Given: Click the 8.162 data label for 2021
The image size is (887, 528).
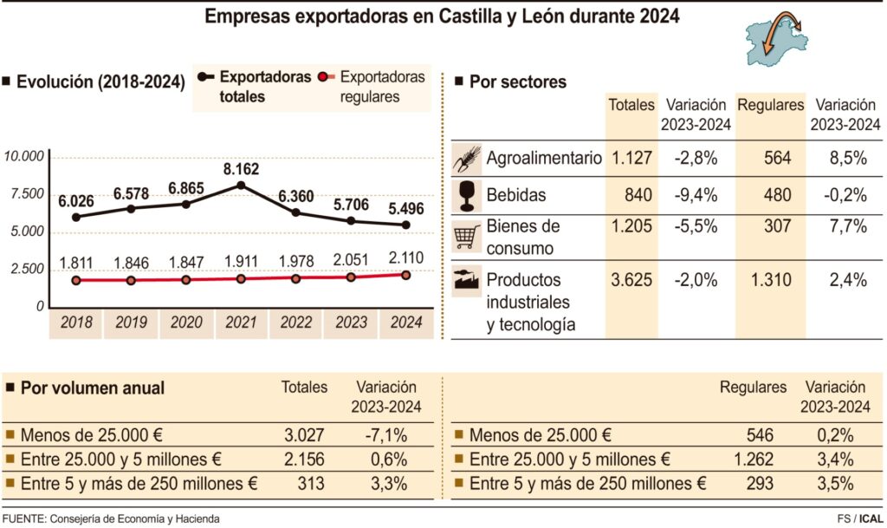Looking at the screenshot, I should click(x=241, y=168).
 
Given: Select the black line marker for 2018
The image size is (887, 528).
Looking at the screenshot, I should click(x=76, y=217).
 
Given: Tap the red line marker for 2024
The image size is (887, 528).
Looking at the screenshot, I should click(x=407, y=275).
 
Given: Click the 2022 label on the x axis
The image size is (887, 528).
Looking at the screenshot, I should click(x=296, y=323).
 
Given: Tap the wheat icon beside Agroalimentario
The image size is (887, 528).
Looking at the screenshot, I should click(x=467, y=158).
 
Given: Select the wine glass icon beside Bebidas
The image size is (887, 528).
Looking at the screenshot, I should click(x=467, y=195).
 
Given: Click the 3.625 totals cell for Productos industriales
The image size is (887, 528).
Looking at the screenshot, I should click(x=631, y=280).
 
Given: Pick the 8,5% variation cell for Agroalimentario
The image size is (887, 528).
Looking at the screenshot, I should click(x=846, y=158).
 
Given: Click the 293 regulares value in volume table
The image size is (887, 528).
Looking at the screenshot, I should click(x=760, y=484).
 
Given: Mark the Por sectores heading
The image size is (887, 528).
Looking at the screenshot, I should click(x=517, y=82).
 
